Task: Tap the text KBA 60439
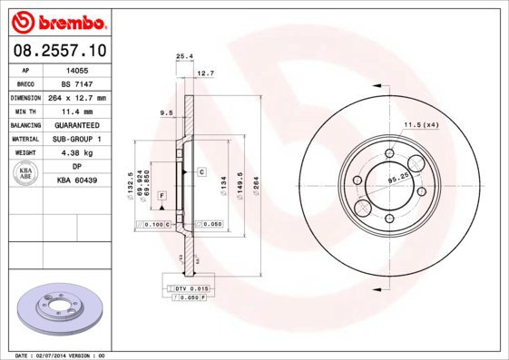(x=77, y=181)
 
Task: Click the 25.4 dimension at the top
(x=184, y=56)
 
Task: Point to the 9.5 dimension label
(x=165, y=112)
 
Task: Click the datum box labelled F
(x=161, y=196)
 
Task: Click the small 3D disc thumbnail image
(x=55, y=308)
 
